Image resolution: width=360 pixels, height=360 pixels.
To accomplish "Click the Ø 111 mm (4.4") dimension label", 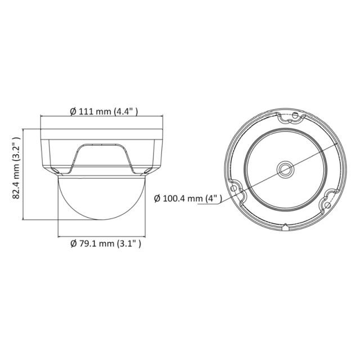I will [105, 111].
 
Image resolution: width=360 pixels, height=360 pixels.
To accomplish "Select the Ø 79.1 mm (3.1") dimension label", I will [105, 244].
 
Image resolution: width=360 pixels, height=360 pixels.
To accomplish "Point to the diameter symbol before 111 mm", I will [73, 111].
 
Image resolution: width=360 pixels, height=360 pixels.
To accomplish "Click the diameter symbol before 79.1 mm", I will [73, 244].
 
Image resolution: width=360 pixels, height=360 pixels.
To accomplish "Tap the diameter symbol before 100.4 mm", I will [157, 198].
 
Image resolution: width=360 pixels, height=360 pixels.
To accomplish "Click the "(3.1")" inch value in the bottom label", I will [128, 244].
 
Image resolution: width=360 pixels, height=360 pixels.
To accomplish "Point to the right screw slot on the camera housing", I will [146, 169].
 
